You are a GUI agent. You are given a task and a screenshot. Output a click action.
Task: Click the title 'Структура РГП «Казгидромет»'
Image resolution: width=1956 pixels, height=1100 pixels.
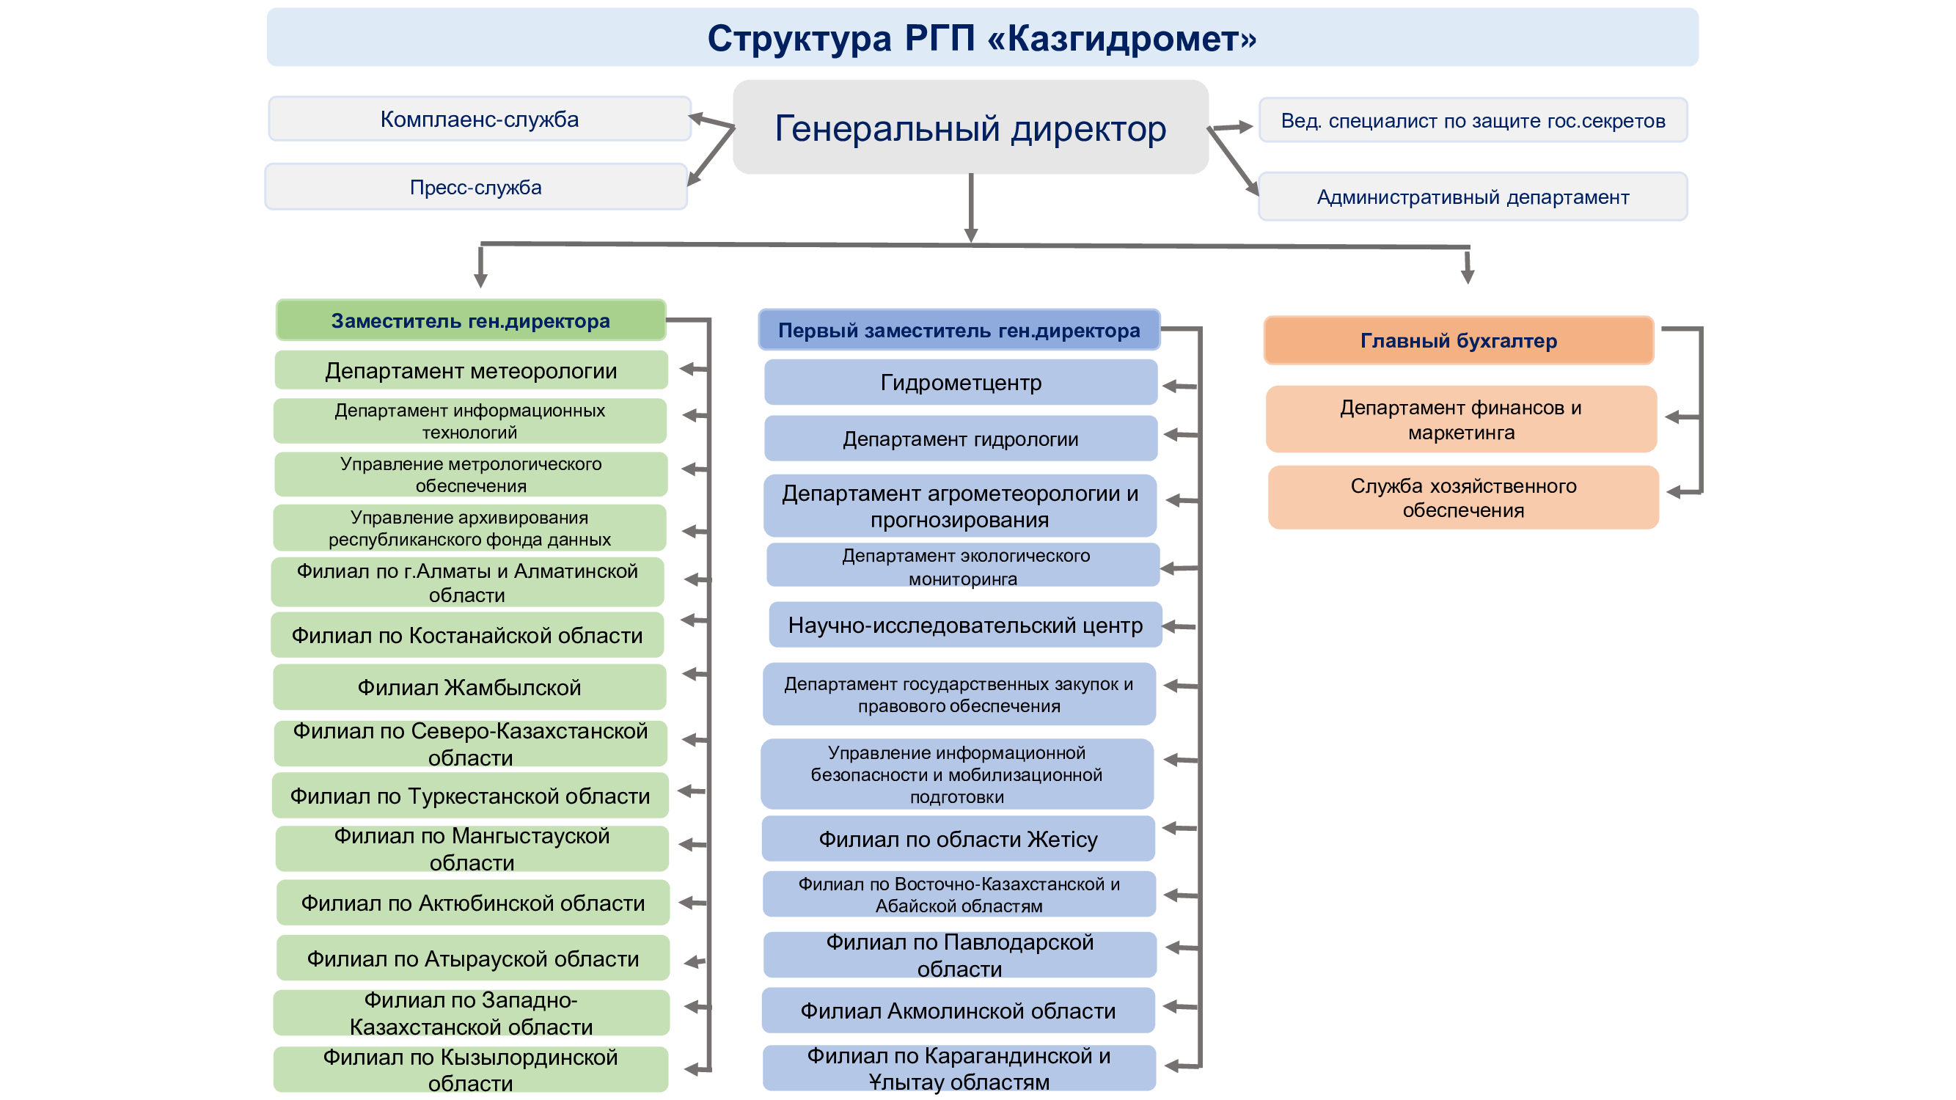981,38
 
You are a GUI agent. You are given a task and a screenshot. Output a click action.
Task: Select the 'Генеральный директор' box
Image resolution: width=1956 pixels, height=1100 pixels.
970,127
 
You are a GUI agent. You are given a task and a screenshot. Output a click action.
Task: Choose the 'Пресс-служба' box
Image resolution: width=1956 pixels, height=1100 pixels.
476,187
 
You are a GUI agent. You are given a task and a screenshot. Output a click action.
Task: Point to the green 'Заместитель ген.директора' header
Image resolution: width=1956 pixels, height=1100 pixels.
471,320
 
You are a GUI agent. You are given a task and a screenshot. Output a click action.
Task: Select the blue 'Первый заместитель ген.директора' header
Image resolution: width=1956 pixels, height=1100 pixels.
959,330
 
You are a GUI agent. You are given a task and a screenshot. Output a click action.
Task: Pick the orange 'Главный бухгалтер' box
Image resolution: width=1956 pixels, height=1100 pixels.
1459,340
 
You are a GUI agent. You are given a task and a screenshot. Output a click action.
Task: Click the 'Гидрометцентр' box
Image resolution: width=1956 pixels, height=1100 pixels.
961,382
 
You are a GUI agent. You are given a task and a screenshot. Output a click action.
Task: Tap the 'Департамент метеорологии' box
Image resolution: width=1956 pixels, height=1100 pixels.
471,370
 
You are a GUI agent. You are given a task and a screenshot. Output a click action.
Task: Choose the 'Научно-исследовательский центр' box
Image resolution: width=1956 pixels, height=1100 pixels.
965,625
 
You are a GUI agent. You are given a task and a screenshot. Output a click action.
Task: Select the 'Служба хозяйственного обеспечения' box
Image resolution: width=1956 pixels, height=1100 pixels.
1463,497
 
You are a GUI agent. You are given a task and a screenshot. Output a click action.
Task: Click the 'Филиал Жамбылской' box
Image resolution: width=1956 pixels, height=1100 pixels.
469,687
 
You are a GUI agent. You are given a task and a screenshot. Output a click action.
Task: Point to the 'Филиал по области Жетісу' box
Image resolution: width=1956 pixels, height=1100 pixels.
959,839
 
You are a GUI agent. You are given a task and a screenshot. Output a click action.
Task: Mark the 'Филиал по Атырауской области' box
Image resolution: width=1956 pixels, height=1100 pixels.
473,958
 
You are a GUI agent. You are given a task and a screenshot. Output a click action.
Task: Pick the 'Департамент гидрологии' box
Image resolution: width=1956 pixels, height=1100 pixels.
961,438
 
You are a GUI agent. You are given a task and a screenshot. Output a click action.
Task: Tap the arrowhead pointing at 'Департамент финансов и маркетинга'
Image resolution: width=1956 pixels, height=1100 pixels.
1672,417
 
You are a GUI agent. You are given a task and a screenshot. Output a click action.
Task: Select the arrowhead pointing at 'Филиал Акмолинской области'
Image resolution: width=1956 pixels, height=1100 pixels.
1170,1007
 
